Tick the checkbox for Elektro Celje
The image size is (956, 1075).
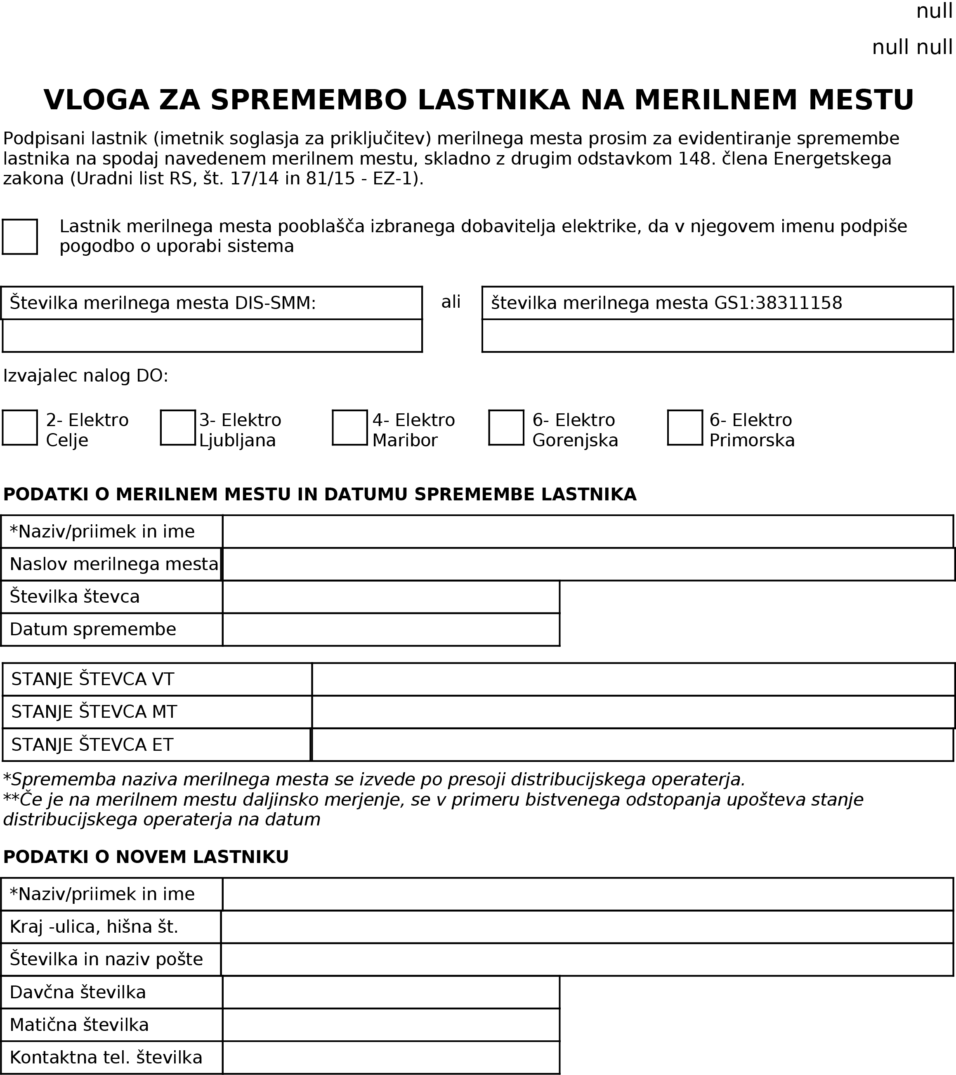click(x=19, y=428)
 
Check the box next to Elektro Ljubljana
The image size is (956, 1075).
click(x=178, y=428)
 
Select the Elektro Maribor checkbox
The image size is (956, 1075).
click(x=350, y=428)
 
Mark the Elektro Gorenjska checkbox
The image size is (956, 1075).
click(x=506, y=428)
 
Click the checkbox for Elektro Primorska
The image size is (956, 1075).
click(x=685, y=428)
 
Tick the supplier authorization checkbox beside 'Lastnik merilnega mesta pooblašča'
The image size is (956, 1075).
click(x=19, y=237)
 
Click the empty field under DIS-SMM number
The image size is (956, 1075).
click(x=212, y=335)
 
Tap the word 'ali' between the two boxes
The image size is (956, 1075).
click(x=451, y=302)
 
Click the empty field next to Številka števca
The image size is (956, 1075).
click(x=391, y=597)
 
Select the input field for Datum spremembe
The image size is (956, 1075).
click(x=391, y=629)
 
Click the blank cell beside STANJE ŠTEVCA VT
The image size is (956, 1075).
click(x=633, y=679)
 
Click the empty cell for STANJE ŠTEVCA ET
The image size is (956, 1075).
click(x=633, y=745)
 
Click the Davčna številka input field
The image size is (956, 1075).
click(x=391, y=992)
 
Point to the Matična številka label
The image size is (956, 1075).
click(x=79, y=1025)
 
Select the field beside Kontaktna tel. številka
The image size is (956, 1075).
click(x=391, y=1058)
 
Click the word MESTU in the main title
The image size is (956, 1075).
click(x=861, y=100)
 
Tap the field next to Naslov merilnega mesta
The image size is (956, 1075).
click(x=588, y=564)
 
